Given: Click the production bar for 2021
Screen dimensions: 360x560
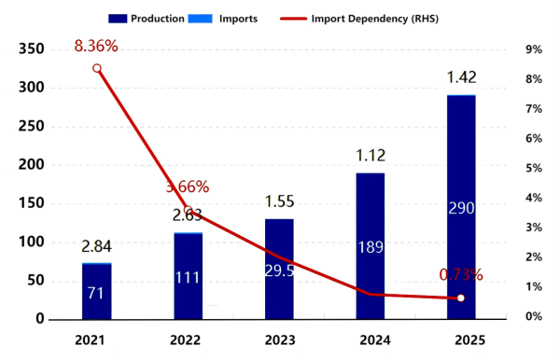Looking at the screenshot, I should (96, 292).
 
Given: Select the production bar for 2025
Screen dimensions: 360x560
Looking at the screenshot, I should (461, 207).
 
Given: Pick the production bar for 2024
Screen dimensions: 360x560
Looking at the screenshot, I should (371, 246).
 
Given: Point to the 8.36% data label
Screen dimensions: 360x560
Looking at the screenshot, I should (96, 43).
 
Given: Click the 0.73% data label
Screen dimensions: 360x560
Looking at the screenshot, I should (461, 275).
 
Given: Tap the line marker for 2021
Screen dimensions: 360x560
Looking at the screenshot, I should (96, 68).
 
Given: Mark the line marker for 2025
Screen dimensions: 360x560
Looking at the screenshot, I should (461, 298).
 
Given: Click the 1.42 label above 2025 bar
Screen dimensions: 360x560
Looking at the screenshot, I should (461, 76).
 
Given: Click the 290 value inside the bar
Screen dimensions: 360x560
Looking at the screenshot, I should (461, 208).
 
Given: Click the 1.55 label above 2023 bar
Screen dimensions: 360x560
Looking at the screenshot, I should (279, 201).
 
